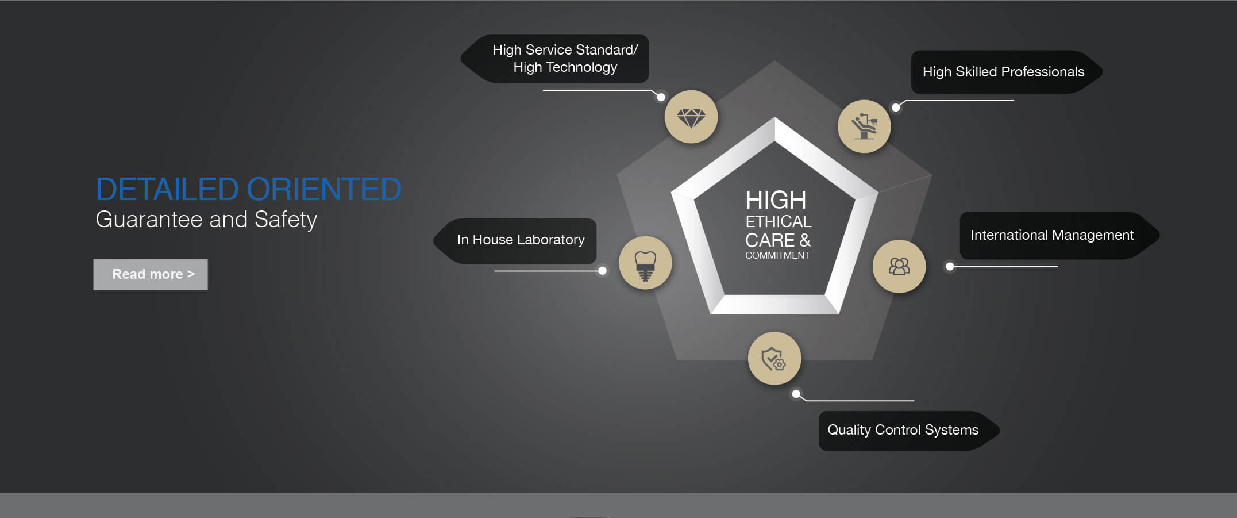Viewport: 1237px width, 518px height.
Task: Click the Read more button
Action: click(151, 274)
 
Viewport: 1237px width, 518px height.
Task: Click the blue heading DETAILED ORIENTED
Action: click(248, 189)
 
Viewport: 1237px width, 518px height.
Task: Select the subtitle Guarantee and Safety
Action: click(206, 220)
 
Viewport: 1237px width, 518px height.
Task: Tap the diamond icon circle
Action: click(691, 117)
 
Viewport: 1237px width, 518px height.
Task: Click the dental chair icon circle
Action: click(864, 126)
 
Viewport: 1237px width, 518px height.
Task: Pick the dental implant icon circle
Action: click(645, 263)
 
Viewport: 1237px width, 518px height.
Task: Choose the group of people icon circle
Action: click(899, 266)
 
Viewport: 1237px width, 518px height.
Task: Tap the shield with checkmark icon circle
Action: click(774, 359)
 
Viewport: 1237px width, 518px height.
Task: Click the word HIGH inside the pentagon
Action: click(776, 201)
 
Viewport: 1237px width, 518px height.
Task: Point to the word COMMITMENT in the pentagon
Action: click(777, 255)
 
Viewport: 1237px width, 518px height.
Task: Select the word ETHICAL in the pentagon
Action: click(779, 221)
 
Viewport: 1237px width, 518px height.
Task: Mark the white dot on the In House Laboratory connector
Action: click(602, 271)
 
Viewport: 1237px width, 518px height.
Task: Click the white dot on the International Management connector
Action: click(950, 266)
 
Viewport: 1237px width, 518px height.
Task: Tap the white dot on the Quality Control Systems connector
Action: click(796, 394)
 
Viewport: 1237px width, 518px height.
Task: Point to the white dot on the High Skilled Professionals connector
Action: click(896, 108)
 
